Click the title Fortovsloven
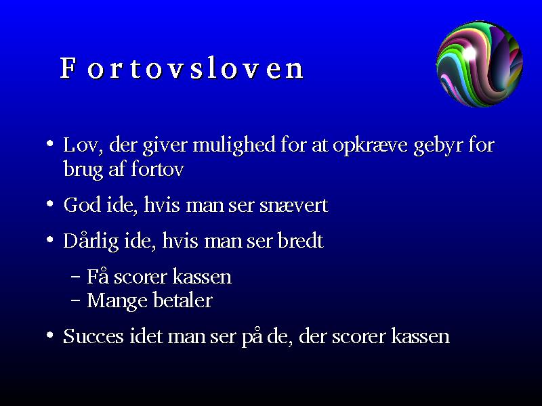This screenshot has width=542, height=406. tap(182, 68)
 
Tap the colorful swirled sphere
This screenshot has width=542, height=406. tap(480, 64)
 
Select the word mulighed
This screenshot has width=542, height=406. tap(234, 145)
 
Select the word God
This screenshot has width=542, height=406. tap(82, 205)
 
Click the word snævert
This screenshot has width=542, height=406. tap(293, 206)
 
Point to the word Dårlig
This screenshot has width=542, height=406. tap(91, 241)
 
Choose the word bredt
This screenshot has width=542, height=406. tap(300, 241)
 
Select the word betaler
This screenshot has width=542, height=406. tap(182, 300)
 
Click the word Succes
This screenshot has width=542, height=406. tap(93, 336)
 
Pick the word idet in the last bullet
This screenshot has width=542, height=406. tap(146, 336)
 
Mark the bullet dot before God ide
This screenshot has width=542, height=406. tap(50, 204)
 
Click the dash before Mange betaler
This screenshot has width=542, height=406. tap(75, 300)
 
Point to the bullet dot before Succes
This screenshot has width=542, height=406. tap(50, 335)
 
